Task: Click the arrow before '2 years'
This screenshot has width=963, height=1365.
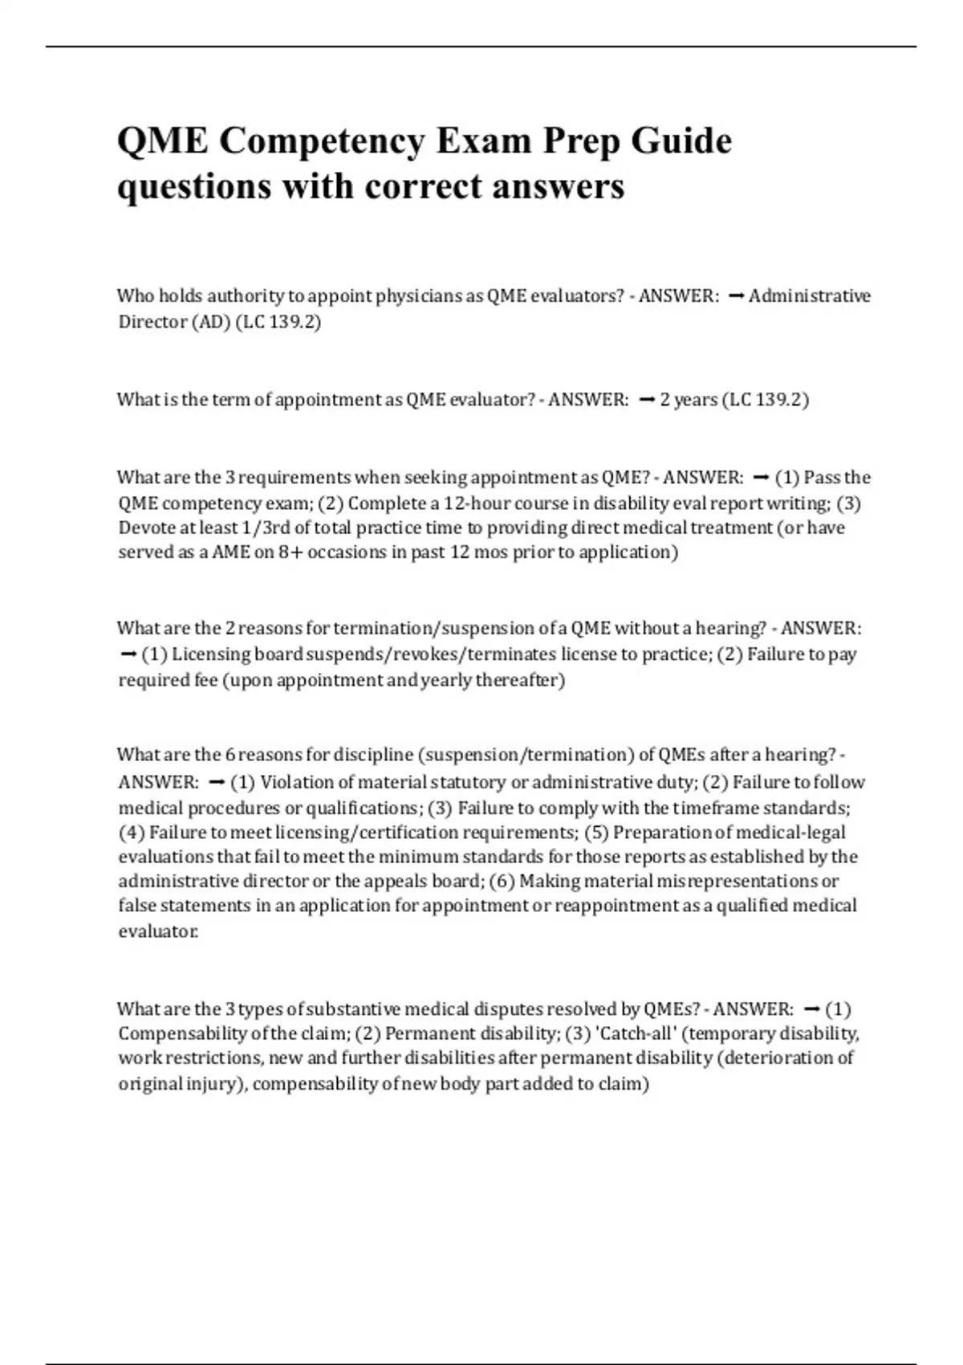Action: point(647,400)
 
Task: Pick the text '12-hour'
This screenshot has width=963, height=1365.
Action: point(477,503)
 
